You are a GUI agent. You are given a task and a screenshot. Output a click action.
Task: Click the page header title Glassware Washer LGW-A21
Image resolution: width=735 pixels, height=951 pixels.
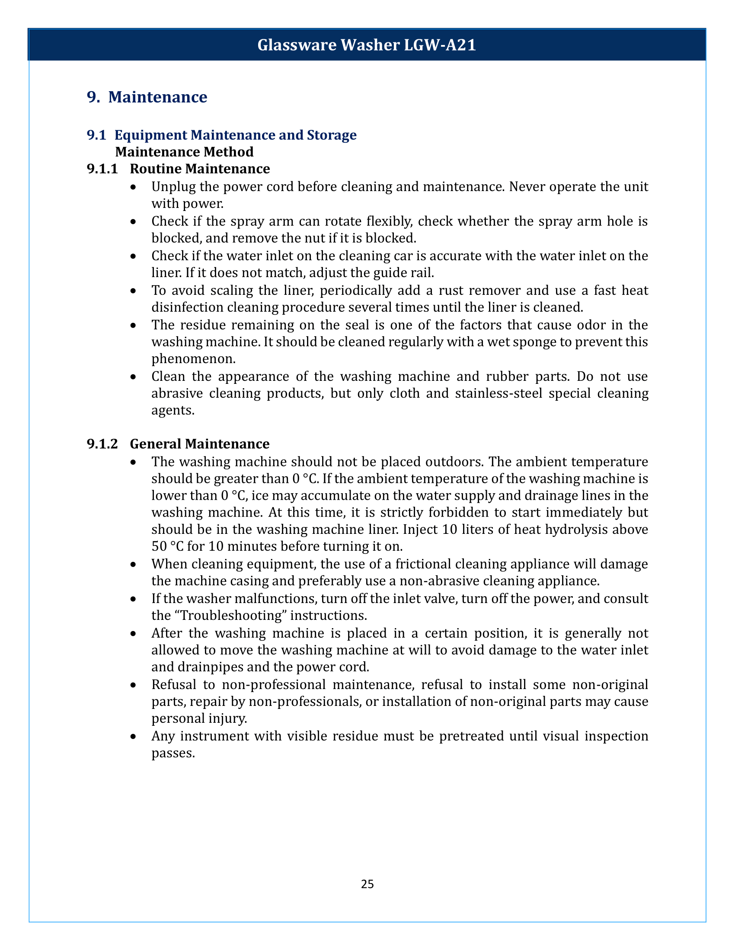pyautogui.click(x=367, y=45)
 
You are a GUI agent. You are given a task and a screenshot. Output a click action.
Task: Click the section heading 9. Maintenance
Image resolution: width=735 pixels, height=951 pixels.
pyautogui.click(x=147, y=97)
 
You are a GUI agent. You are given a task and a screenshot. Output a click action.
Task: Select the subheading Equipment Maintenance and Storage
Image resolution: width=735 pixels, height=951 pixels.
pyautogui.click(x=235, y=135)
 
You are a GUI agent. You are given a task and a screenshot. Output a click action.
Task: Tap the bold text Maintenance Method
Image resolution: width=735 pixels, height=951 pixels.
pyautogui.click(x=184, y=152)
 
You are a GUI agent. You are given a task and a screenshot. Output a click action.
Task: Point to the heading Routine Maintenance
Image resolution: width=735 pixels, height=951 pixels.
pyautogui.click(x=200, y=169)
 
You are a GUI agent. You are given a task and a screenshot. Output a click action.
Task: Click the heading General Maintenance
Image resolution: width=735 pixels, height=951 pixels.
pyautogui.click(x=200, y=444)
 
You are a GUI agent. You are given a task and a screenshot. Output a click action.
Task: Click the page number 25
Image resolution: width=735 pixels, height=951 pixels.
pyautogui.click(x=367, y=884)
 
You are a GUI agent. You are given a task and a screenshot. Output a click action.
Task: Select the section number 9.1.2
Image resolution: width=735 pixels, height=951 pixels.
pyautogui.click(x=102, y=444)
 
